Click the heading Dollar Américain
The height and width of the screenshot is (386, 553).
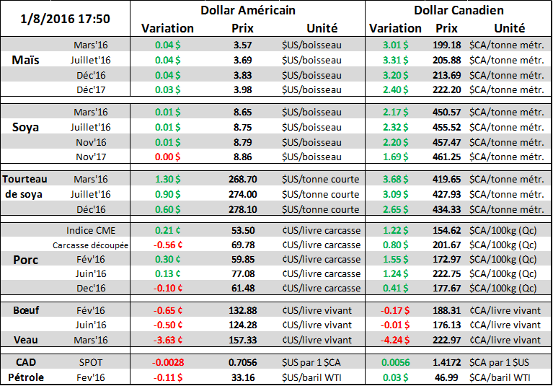tap(247, 11)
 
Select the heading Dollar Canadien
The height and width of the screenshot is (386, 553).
tap(459, 11)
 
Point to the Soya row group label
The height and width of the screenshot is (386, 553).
tap(27, 126)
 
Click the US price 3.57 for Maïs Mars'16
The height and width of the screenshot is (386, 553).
tap(242, 45)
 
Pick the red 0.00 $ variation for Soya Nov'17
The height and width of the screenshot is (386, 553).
tap(167, 156)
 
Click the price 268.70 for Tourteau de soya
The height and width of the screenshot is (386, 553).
tap(242, 179)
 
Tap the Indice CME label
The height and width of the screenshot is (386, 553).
tap(90, 230)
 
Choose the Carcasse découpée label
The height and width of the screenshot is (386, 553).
tap(90, 245)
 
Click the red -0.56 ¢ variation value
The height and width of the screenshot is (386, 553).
tap(167, 245)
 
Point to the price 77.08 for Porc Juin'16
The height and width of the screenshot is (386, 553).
tap(242, 274)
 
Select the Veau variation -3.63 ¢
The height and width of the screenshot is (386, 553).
tap(167, 340)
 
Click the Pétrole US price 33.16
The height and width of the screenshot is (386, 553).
tap(242, 376)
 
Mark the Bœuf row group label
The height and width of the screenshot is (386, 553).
tap(26, 310)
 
